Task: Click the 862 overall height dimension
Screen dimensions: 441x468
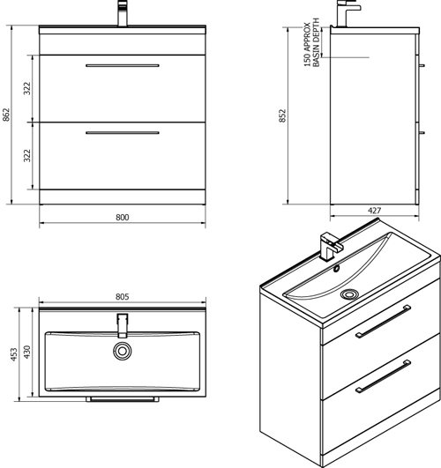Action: click(x=6, y=115)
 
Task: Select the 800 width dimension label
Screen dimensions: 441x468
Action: click(x=123, y=218)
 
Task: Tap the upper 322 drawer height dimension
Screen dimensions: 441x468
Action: click(x=27, y=88)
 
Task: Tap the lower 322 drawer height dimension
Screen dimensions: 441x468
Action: click(x=27, y=155)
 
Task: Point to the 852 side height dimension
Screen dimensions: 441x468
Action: click(x=282, y=115)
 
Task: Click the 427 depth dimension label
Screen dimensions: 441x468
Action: click(x=374, y=211)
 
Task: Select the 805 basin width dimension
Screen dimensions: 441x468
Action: click(x=123, y=297)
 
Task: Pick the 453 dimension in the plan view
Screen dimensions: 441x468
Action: click(x=14, y=354)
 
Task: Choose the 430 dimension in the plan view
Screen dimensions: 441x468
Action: click(x=26, y=352)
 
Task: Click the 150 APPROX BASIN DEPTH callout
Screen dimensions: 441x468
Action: click(x=311, y=42)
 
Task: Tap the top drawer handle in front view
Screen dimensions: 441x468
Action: click(x=123, y=65)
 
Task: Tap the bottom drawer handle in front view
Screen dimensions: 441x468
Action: click(x=123, y=133)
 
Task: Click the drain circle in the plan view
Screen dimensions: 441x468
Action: click(x=123, y=351)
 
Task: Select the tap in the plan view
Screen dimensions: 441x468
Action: click(x=123, y=325)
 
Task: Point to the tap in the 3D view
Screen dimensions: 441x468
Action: click(x=330, y=246)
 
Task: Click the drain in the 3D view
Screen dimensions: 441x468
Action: click(x=348, y=294)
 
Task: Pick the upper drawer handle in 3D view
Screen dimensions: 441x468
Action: click(x=383, y=321)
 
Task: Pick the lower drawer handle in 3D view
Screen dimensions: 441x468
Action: click(x=383, y=376)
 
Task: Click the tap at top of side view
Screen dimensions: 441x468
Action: click(x=348, y=13)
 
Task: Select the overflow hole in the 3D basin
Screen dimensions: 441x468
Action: click(x=337, y=268)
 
